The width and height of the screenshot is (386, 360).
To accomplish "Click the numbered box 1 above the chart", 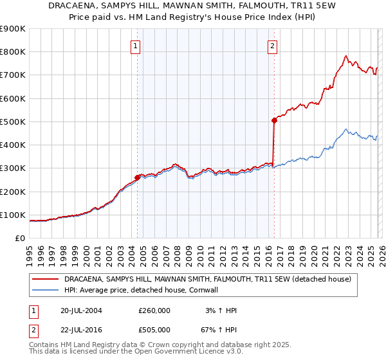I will (136, 46).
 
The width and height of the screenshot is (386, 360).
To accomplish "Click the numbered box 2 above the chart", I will (273, 46).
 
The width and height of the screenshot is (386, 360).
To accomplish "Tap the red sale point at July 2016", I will (274, 120).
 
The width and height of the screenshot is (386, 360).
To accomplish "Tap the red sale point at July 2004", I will (138, 177).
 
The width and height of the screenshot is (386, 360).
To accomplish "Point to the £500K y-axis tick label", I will (13, 122).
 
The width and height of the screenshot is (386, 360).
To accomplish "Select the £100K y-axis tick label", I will (13, 215).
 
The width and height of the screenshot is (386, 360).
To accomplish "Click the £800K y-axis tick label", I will (13, 52).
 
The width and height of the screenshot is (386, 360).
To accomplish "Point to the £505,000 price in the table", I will (154, 330).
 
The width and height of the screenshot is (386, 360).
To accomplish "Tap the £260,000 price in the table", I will (154, 310).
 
